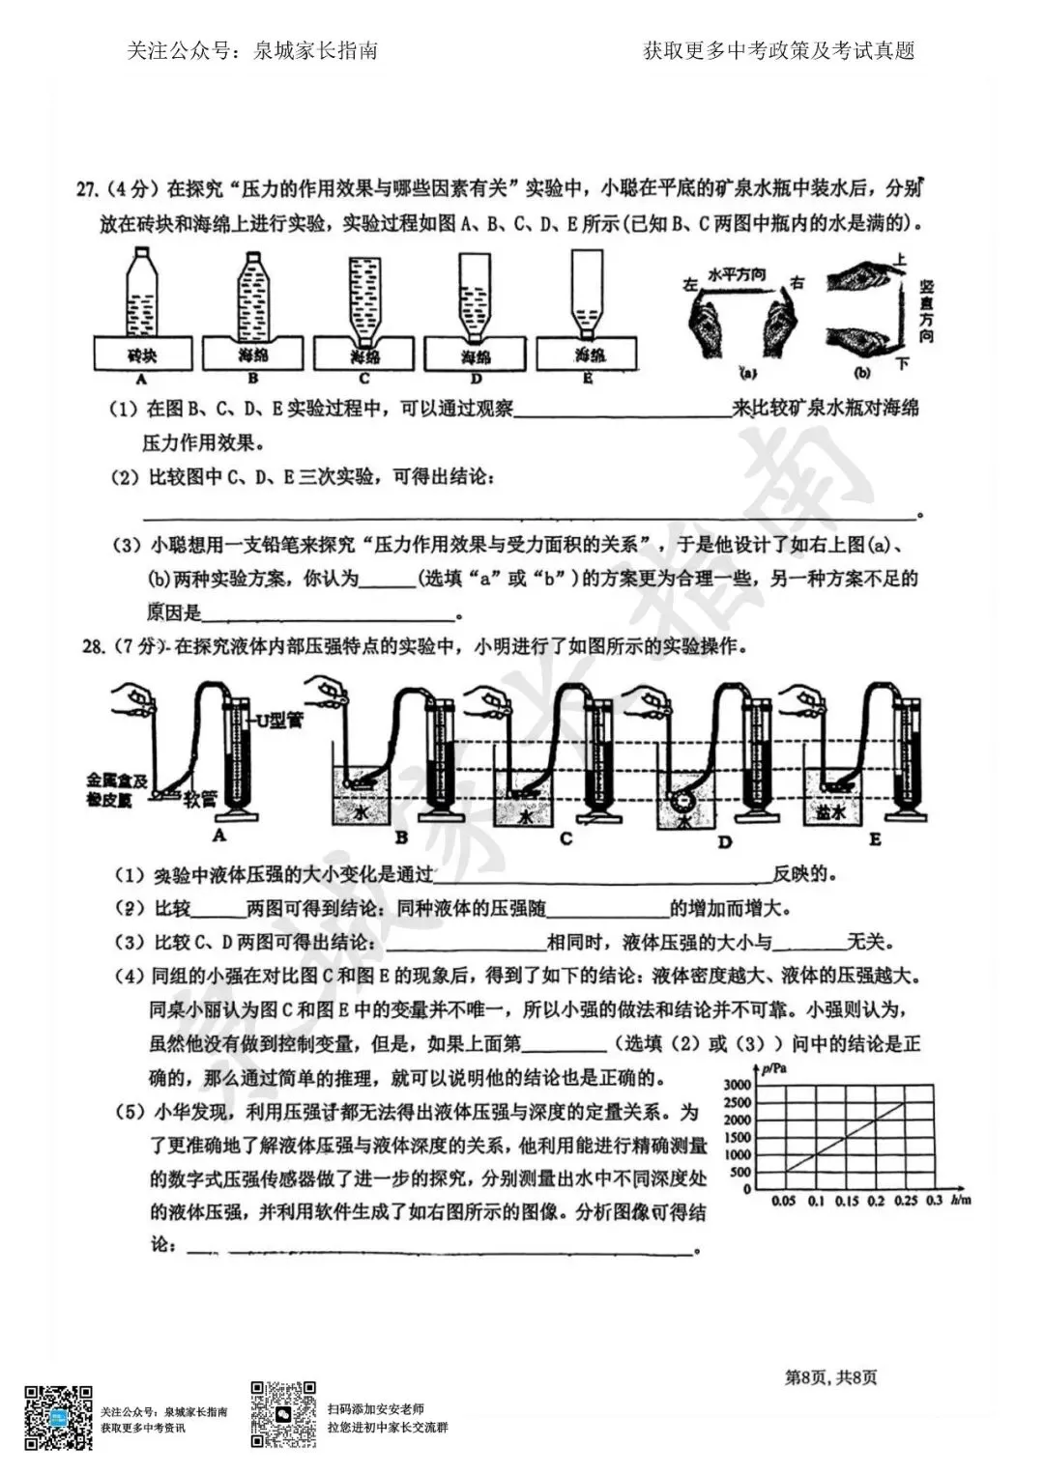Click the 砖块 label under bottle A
141,355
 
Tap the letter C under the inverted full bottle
363,380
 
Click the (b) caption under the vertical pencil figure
863,372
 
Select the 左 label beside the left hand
690,285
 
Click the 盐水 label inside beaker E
829,813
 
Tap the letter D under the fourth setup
725,842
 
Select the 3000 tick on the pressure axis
737,1085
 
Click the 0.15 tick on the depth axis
846,1201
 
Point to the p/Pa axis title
774,1068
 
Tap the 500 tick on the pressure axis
739,1173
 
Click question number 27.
89,188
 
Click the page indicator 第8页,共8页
830,1377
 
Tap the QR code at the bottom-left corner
58,1417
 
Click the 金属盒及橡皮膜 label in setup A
115,789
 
